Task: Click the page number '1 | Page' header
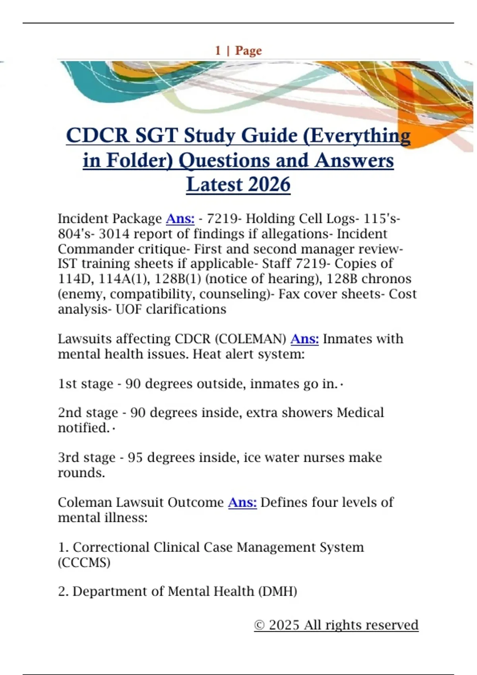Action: pyautogui.click(x=238, y=50)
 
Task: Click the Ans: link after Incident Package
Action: pyautogui.click(x=180, y=218)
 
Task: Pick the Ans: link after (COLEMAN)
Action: pyautogui.click(x=304, y=339)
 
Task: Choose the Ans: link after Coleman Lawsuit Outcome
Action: pyautogui.click(x=242, y=502)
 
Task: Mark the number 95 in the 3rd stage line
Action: pyautogui.click(x=135, y=457)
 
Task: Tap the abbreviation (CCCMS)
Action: pyautogui.click(x=84, y=563)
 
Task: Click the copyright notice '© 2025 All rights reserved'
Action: pyautogui.click(x=336, y=625)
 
